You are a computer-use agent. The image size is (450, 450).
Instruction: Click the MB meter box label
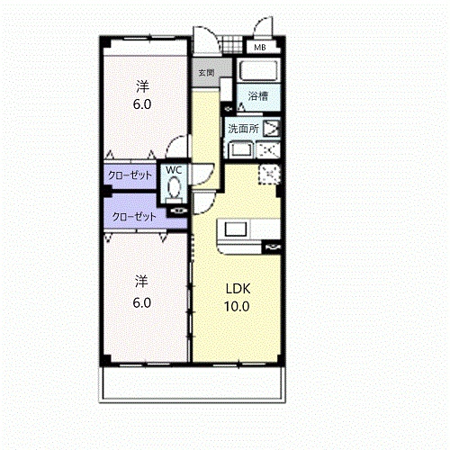click(260, 47)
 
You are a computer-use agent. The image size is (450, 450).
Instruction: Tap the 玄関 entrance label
click(206, 73)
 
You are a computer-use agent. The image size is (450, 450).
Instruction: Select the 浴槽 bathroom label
click(258, 96)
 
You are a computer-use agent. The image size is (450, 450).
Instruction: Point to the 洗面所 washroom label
click(243, 129)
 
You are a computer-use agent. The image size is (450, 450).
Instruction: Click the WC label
click(174, 170)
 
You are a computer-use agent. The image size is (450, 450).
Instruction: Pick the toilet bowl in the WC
click(174, 186)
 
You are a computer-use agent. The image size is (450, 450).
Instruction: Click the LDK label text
click(238, 289)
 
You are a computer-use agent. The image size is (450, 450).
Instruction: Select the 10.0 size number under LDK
click(237, 306)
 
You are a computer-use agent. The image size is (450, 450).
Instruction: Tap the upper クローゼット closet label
click(130, 175)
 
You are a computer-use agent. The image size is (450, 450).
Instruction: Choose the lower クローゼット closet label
click(134, 216)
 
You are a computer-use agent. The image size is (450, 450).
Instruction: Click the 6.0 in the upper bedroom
click(142, 104)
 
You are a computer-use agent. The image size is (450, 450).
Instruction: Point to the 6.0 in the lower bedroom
click(142, 302)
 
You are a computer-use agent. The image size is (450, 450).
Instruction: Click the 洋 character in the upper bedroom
click(142, 86)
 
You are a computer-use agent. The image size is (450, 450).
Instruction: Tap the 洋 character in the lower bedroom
click(141, 282)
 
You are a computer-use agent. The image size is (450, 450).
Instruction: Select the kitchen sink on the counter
click(236, 229)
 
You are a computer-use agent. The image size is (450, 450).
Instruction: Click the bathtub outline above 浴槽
click(258, 70)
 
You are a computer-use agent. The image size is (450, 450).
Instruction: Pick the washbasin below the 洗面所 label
click(240, 150)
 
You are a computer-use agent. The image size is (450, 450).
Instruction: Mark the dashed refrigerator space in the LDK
click(269, 174)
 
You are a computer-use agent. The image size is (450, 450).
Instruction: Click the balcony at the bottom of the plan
click(193, 383)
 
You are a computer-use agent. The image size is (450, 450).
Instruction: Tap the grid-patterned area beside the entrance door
click(232, 45)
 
